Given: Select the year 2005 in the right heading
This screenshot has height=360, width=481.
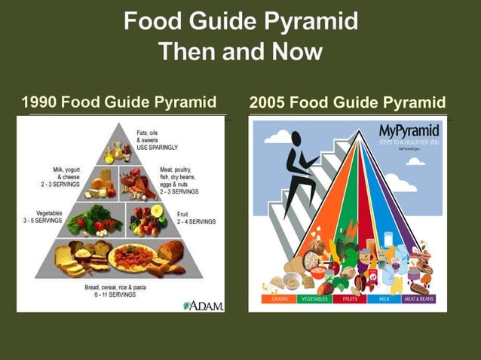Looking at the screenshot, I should coord(266,102).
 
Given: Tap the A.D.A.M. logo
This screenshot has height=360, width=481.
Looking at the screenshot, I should coord(201,304).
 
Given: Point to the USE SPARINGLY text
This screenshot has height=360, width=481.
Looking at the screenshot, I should coord(157,148).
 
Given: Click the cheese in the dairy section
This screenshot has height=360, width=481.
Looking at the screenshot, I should coord(100,183).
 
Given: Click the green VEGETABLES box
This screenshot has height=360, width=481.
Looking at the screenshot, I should coord(314,299).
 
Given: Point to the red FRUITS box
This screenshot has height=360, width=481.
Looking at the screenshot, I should coord(350,299).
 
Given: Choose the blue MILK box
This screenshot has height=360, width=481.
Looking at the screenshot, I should coord(383,299).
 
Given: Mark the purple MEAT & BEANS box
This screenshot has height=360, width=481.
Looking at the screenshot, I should coord(419,299).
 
